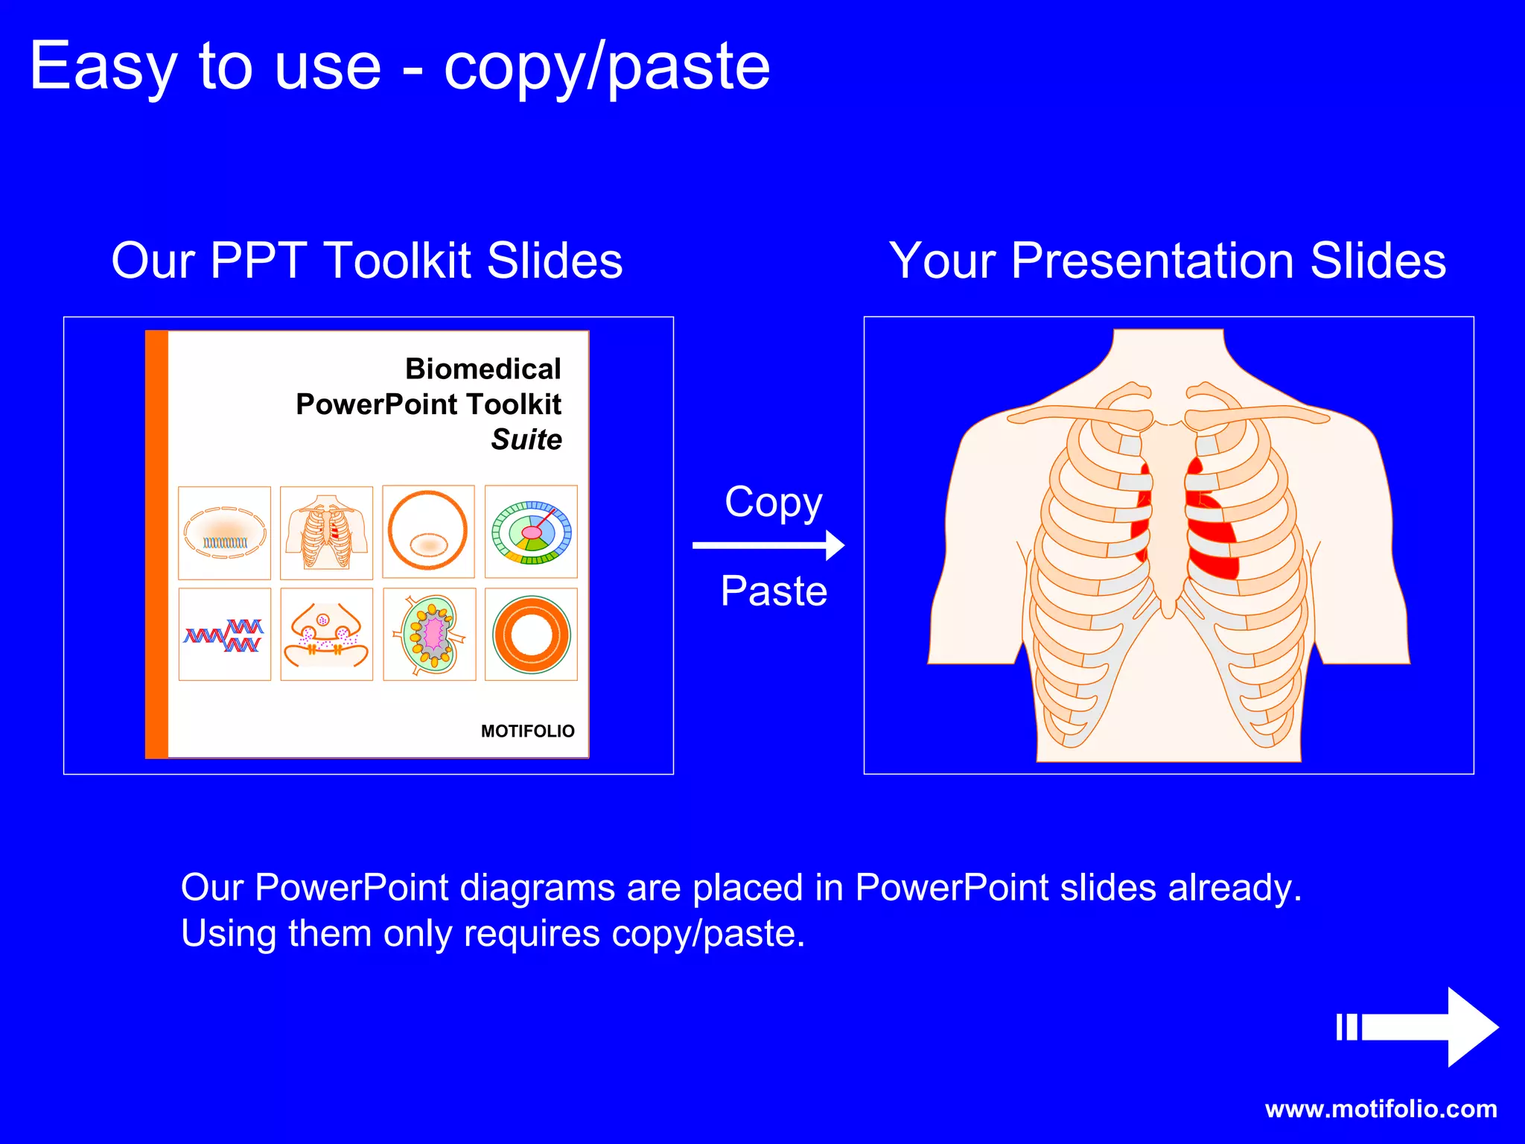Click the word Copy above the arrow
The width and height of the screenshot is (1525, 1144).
(773, 503)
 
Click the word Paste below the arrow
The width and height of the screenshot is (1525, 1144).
(774, 591)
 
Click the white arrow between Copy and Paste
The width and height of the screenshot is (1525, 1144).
(768, 545)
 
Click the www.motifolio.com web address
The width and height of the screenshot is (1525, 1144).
(1381, 1109)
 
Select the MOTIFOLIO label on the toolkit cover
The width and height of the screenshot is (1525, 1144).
(527, 731)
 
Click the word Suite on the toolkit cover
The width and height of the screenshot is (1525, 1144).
(526, 439)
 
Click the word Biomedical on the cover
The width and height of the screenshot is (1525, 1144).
(483, 369)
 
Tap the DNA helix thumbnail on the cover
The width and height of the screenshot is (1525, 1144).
(225, 635)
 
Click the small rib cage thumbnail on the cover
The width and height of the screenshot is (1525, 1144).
(326, 533)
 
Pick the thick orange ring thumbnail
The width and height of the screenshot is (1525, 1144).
(531, 635)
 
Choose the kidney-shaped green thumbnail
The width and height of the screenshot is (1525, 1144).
(430, 635)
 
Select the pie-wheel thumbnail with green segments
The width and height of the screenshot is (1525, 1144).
(531, 533)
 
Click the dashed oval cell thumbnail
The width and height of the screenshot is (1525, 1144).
(225, 533)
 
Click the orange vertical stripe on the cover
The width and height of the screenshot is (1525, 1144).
(156, 544)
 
